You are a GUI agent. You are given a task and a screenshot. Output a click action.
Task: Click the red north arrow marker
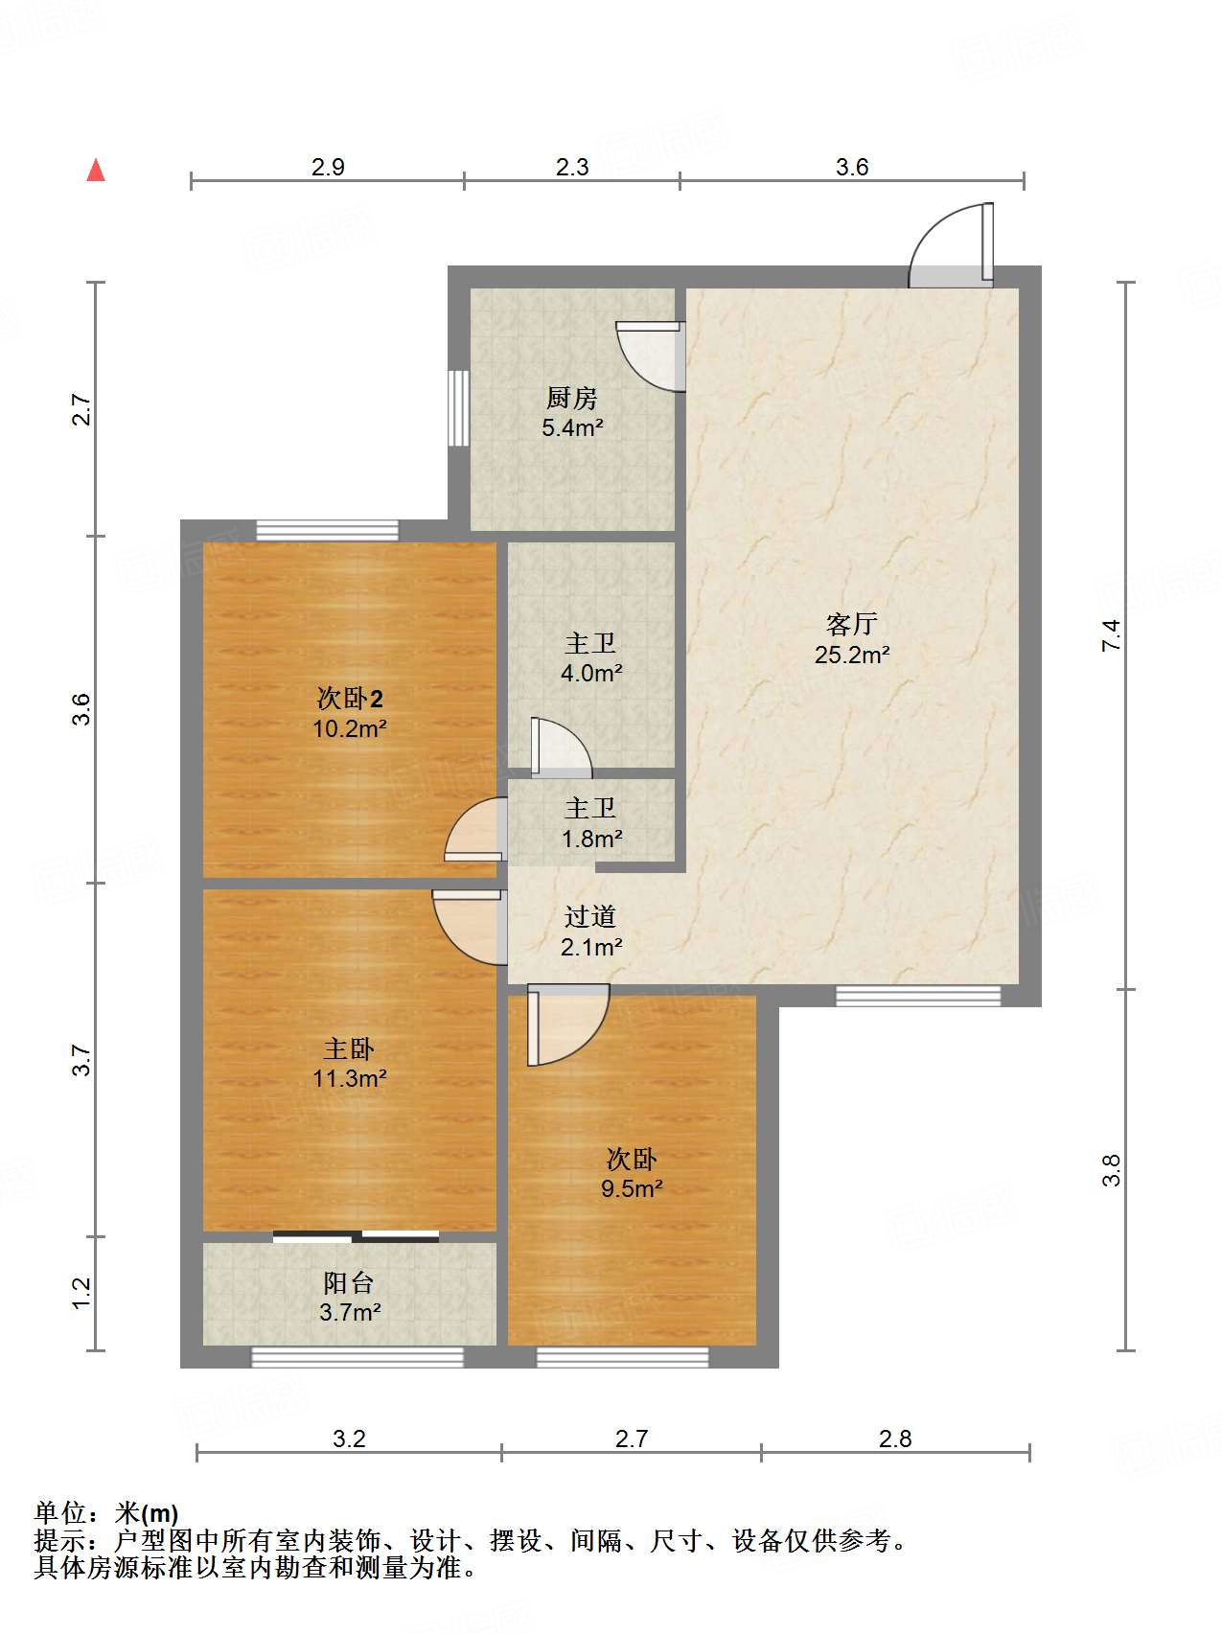pos(96,170)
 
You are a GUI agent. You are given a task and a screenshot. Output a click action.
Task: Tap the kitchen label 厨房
pos(572,397)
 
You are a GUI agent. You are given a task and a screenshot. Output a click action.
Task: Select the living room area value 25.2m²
pos(852,656)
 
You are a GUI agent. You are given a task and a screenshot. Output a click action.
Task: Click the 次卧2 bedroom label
pos(350,698)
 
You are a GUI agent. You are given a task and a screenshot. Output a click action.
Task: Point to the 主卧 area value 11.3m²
pos(350,1079)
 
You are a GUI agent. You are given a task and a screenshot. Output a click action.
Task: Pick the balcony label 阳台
pos(349,1282)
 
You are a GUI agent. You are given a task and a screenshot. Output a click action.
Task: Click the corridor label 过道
pos(590,916)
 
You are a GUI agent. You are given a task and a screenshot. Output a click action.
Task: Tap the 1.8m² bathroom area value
pos(592,840)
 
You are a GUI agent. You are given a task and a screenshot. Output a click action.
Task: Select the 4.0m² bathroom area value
pos(591,674)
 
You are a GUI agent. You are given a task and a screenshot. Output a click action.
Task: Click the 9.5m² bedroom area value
pos(633,1189)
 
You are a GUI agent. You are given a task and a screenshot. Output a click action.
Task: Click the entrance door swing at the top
pos(951,244)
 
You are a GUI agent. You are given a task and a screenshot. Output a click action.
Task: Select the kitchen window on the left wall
pos(459,407)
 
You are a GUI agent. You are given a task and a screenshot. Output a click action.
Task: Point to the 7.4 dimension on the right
pos(1111,635)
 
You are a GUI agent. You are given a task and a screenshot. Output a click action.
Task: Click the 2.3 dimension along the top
pos(572,167)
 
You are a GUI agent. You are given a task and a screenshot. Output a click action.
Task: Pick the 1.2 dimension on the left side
pos(81,1293)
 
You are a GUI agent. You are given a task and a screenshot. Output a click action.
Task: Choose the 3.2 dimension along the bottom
pos(349,1438)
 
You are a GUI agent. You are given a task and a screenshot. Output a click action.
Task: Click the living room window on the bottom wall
pos(918,997)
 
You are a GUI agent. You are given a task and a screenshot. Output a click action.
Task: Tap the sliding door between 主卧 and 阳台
pos(356,1236)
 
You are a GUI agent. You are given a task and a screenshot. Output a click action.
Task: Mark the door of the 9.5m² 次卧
pos(567,1025)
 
